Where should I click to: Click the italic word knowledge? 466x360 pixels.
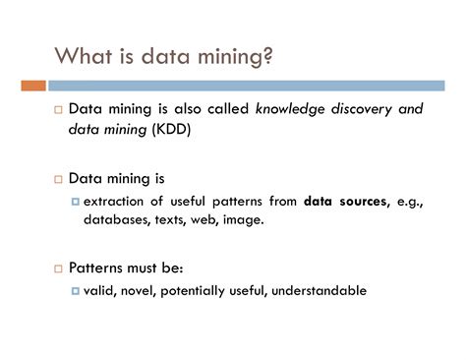pyautogui.click(x=292, y=108)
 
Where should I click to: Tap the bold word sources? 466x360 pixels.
pyautogui.click(x=363, y=202)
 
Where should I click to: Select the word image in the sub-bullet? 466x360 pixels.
pyautogui.click(x=243, y=219)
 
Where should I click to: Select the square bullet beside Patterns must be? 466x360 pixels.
pyautogui.click(x=57, y=268)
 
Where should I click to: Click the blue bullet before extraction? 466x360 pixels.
pyautogui.click(x=75, y=202)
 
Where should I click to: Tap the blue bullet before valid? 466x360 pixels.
pyautogui.click(x=75, y=290)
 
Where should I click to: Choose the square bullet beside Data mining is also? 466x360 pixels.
pyautogui.click(x=57, y=109)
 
